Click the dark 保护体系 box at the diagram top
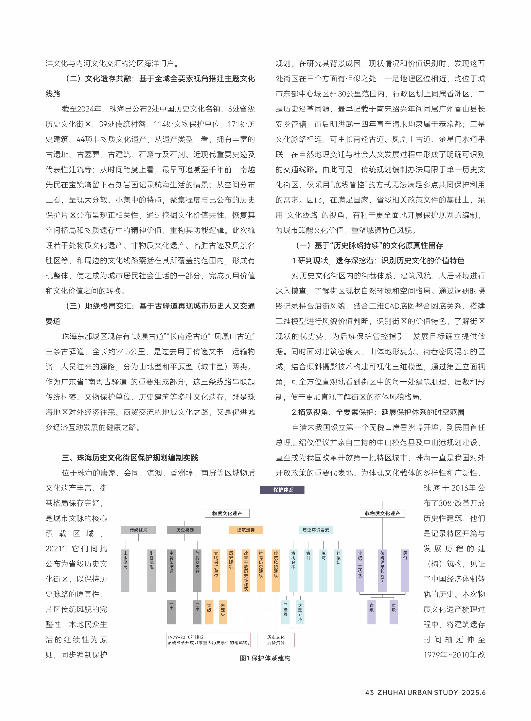(x=282, y=489)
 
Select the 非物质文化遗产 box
(x=382, y=513)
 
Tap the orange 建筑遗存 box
(x=246, y=530)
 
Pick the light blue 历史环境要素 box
(x=316, y=530)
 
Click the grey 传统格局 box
(x=138, y=530)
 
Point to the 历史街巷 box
(x=184, y=530)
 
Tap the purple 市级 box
(x=394, y=612)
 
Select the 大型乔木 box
(x=300, y=612)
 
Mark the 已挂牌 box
(x=285, y=612)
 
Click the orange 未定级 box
(x=223, y=612)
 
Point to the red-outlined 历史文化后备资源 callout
(x=276, y=640)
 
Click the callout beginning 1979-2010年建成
(x=208, y=640)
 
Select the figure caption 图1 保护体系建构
(x=265, y=658)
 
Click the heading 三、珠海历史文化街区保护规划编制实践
(x=130, y=458)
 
